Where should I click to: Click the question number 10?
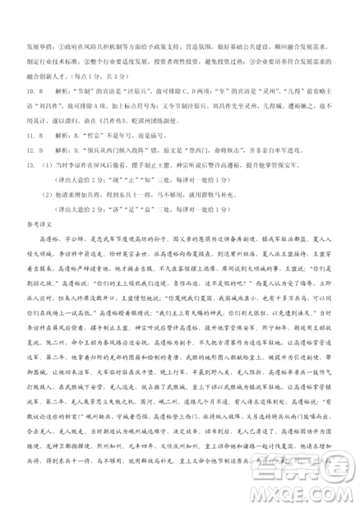click(19, 93)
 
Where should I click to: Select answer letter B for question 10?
click(41, 93)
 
